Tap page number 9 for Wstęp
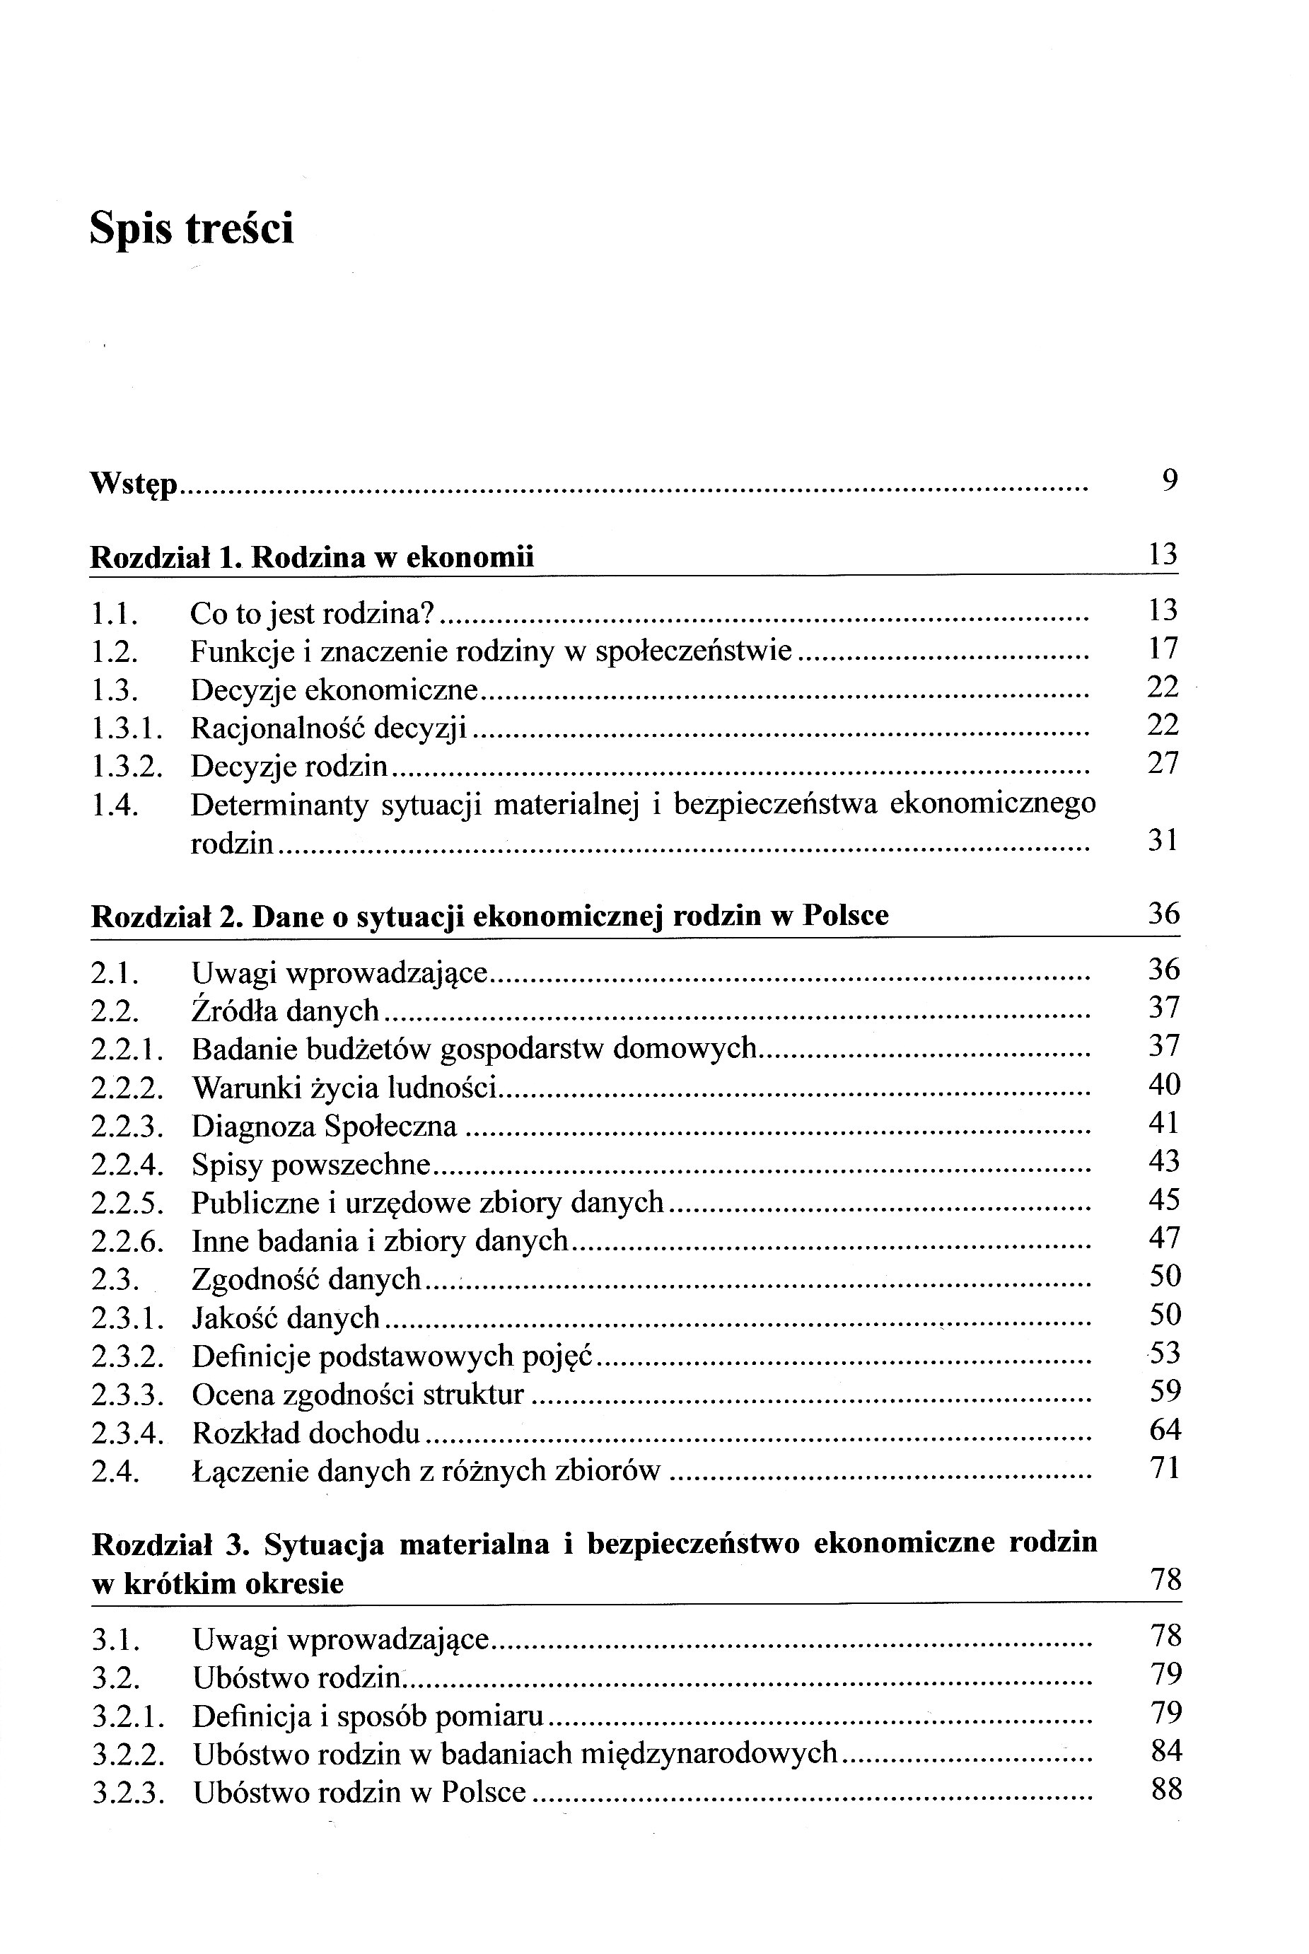(1170, 480)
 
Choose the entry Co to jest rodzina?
(313, 613)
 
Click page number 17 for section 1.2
(1162, 649)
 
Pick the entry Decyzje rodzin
(289, 766)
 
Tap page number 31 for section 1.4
(1162, 839)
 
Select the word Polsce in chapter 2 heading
(846, 916)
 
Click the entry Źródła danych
(286, 1011)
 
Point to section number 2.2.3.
(127, 1127)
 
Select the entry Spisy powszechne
(310, 1164)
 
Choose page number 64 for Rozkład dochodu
(1165, 1430)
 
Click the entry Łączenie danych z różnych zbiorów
(426, 1471)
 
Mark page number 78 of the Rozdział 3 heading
(1165, 1579)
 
